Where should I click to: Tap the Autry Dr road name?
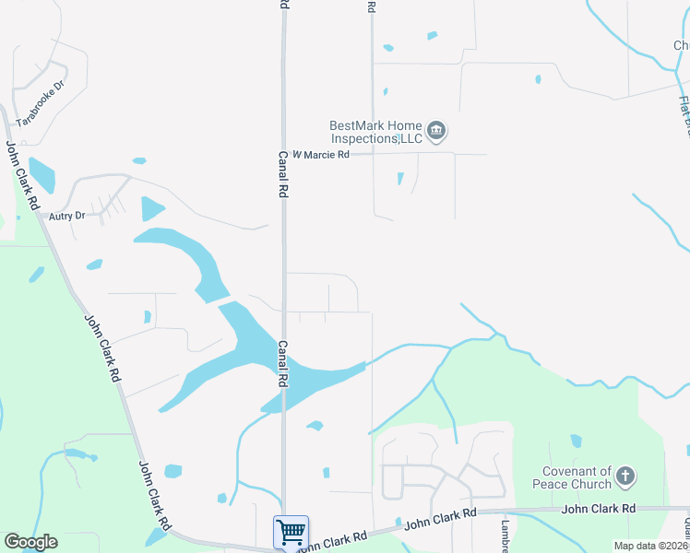[x=67, y=216]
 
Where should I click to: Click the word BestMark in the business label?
[x=353, y=126]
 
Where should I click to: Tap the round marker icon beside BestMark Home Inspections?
[x=438, y=132]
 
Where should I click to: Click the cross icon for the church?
[x=626, y=477]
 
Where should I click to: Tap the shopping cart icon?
[x=291, y=532]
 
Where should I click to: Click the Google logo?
[x=30, y=542]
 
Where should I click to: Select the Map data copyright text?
[x=651, y=546]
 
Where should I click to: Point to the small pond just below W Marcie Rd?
[x=399, y=178]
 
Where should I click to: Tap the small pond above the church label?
[x=577, y=441]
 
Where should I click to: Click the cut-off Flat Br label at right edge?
[x=684, y=116]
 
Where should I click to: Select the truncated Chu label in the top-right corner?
[x=681, y=45]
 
